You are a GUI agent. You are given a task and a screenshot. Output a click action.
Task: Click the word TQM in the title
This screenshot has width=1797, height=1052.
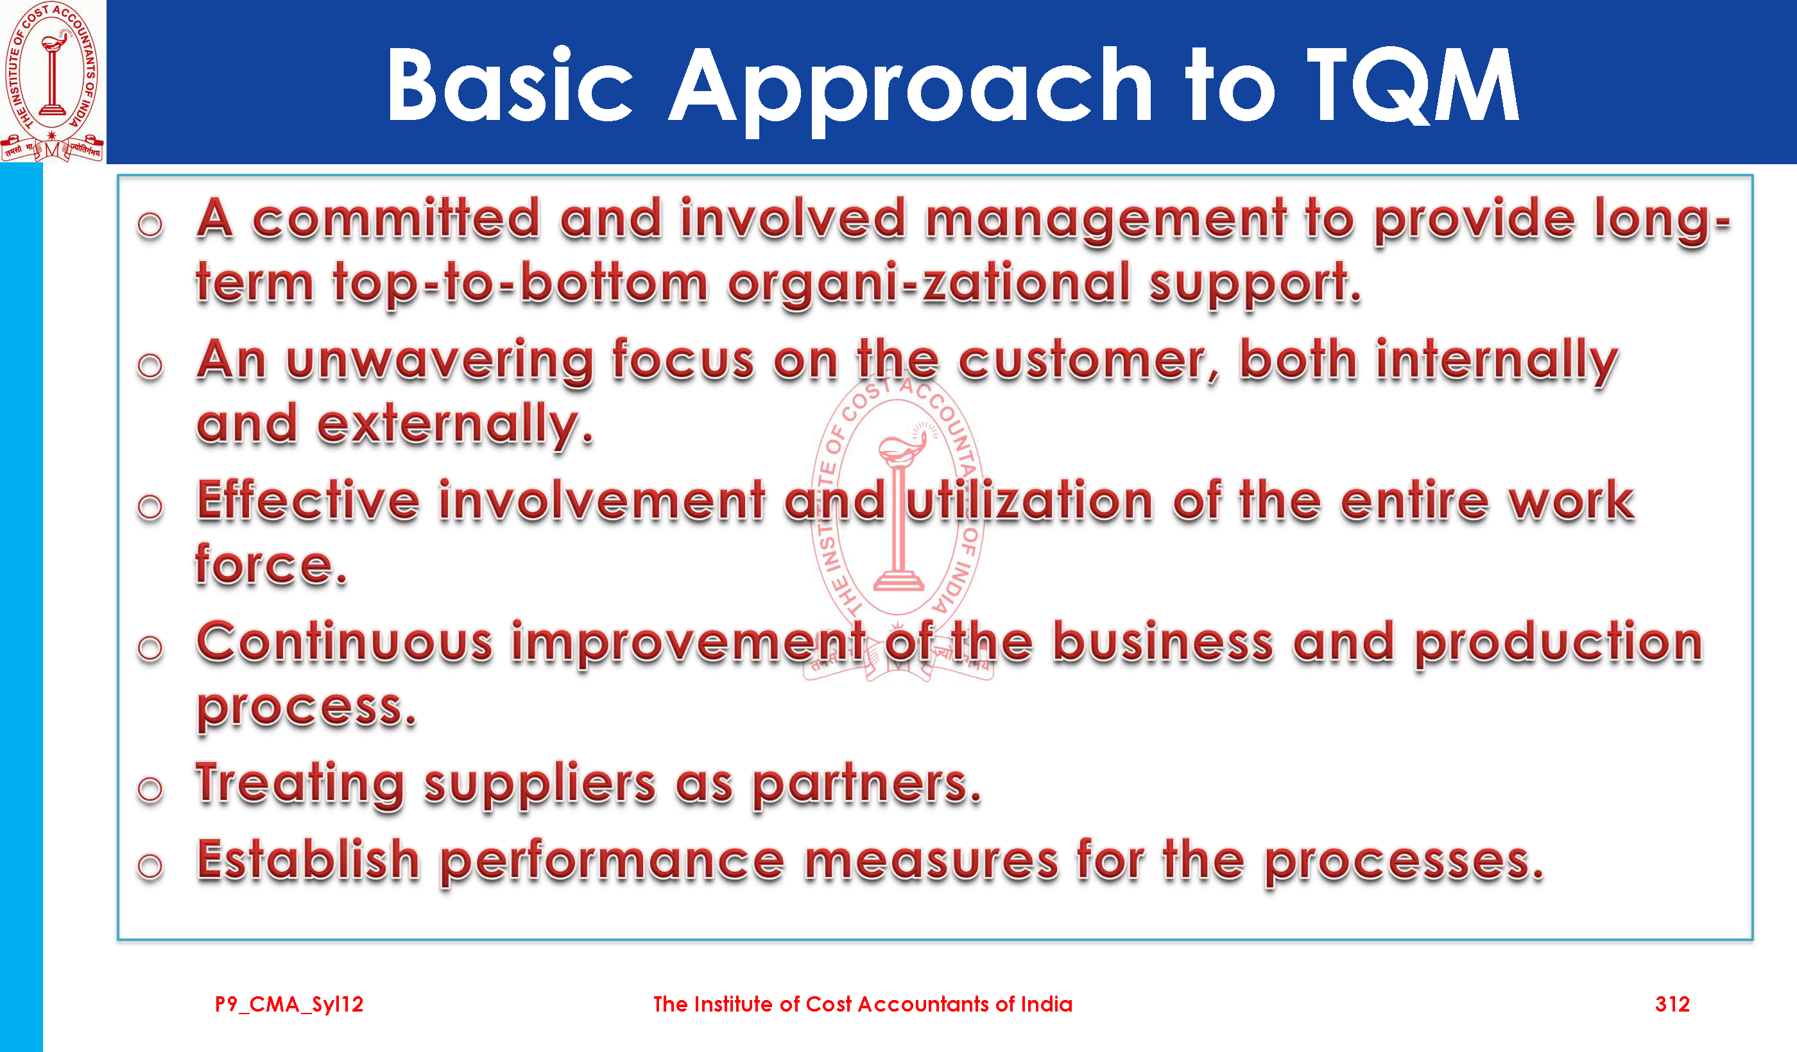point(1413,85)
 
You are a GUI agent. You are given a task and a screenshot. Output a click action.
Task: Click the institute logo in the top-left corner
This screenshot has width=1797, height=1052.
point(53,81)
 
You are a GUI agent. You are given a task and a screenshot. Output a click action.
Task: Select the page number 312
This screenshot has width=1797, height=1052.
point(1672,1005)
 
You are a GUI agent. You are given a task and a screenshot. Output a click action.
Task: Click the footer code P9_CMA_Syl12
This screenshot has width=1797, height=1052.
point(289,1005)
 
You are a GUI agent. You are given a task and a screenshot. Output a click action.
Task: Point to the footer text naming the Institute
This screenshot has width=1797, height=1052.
point(863,1005)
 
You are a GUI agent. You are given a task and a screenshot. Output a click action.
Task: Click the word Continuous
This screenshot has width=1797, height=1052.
point(345,641)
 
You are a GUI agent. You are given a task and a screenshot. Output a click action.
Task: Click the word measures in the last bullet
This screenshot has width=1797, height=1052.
point(931,861)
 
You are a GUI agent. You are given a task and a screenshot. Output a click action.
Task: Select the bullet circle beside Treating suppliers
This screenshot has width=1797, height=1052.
point(150,789)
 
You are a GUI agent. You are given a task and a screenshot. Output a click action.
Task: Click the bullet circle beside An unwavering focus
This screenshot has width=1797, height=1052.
point(150,366)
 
